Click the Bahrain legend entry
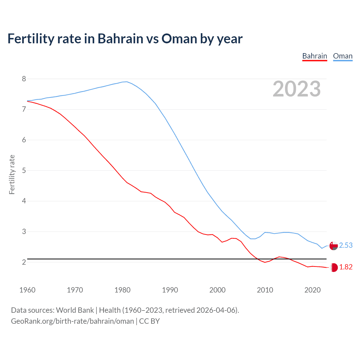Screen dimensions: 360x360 click(x=314, y=56)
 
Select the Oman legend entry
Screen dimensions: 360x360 click(x=343, y=56)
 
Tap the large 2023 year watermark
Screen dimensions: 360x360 click(x=296, y=89)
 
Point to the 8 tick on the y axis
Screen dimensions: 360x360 click(x=24, y=79)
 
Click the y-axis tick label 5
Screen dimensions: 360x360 click(x=24, y=170)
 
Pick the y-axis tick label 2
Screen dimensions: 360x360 click(x=24, y=262)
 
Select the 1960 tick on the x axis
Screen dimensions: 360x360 click(x=27, y=290)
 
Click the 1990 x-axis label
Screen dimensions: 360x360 click(x=170, y=290)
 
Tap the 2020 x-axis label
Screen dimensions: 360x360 click(x=312, y=290)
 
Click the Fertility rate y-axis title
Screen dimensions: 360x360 click(x=12, y=174)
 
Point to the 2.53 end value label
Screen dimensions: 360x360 click(x=346, y=246)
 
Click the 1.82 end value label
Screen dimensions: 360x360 click(x=346, y=267)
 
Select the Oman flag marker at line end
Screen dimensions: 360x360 click(x=334, y=246)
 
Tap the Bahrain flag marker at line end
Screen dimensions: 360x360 click(x=334, y=267)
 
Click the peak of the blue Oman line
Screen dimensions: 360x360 click(x=127, y=82)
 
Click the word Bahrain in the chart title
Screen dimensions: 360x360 click(x=120, y=39)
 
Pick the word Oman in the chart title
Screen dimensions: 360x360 click(x=179, y=39)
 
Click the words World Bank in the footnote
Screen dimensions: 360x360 click(x=75, y=310)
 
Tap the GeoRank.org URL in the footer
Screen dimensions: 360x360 click(x=72, y=321)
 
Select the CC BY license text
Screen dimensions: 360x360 click(x=149, y=321)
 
